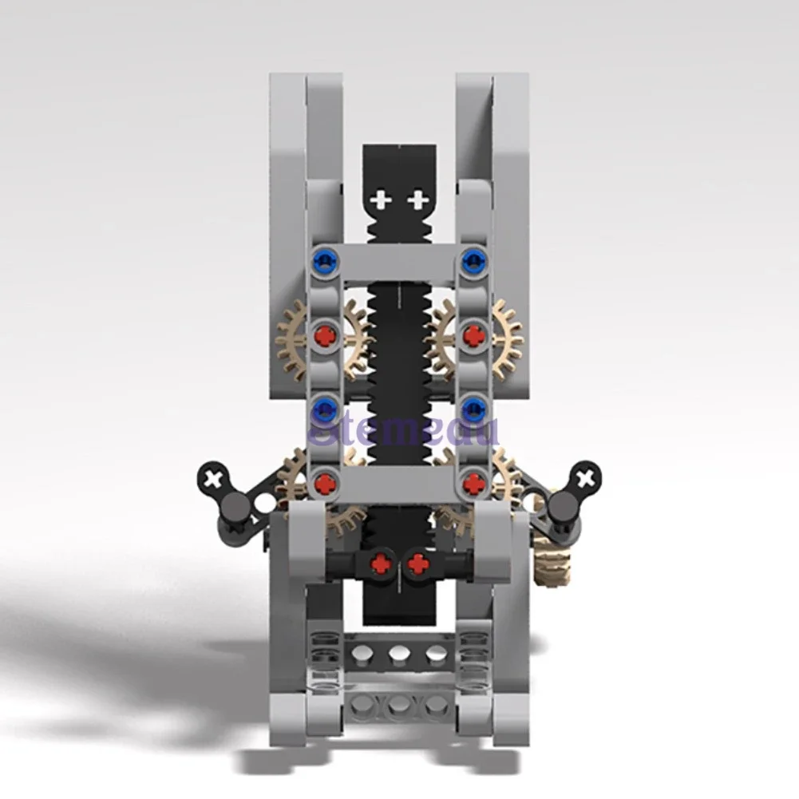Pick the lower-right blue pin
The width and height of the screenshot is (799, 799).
475,409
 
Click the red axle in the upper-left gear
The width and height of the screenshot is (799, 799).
324,335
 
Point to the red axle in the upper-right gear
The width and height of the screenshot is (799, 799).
475,335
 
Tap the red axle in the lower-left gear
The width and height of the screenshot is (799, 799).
324,482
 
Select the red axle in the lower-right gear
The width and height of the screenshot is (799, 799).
475,482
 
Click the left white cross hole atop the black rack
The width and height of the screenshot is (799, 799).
382,200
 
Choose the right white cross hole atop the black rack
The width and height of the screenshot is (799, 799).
417,200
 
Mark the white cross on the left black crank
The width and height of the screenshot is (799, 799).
212,479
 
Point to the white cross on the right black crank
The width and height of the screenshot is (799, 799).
587,478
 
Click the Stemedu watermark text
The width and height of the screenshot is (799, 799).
403,432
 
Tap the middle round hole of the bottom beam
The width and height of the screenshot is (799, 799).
399,706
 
